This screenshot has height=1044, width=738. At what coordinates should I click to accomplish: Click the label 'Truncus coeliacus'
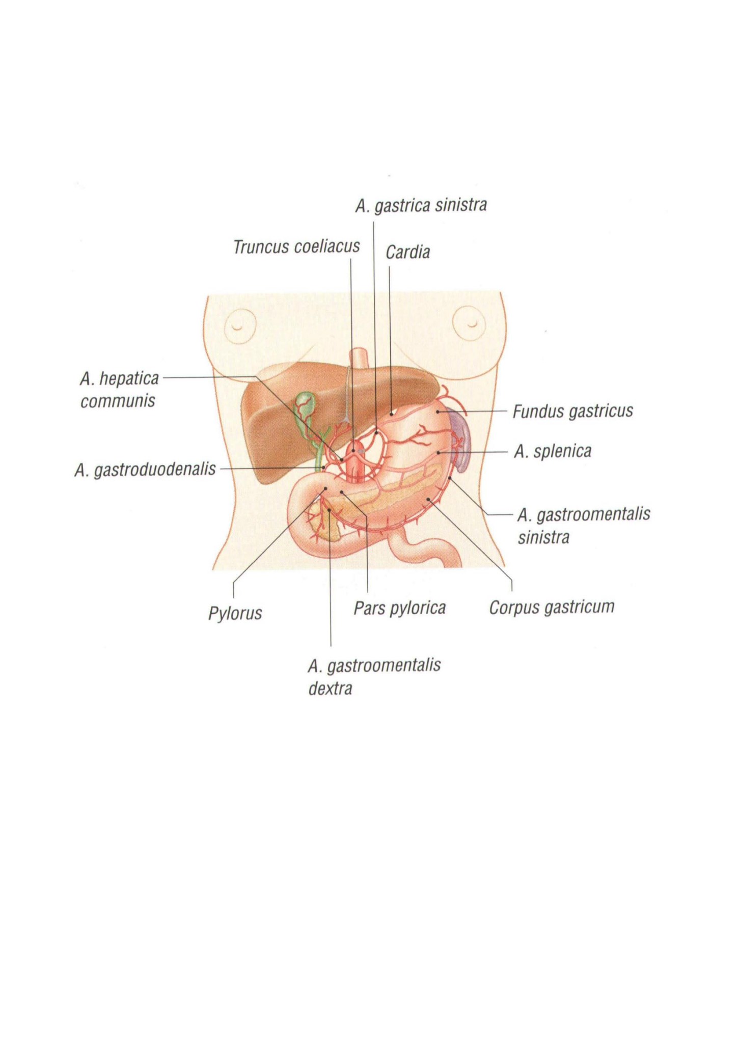(x=296, y=247)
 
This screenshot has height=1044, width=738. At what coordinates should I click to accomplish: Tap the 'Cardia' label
(x=407, y=252)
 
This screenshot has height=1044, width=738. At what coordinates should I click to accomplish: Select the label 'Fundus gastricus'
(x=572, y=411)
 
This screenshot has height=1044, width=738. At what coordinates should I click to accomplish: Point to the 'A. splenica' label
(x=553, y=452)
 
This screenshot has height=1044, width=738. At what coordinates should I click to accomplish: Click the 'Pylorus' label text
(x=235, y=613)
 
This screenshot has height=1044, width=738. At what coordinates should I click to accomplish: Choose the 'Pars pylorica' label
(x=400, y=608)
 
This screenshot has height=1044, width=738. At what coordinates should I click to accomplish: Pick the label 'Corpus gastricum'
(x=552, y=607)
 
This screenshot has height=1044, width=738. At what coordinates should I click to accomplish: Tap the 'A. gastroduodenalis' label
(x=145, y=470)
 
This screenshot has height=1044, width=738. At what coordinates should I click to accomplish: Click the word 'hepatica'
(x=129, y=379)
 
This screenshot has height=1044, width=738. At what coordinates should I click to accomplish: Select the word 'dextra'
(x=330, y=689)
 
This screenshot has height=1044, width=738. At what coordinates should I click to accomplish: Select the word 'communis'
(x=118, y=401)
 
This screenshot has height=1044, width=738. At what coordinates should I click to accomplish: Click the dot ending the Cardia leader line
(x=391, y=414)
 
